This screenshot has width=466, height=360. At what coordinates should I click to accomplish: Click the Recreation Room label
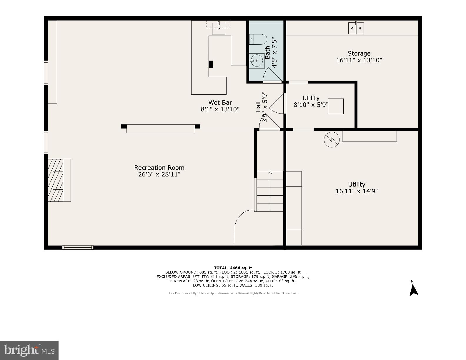pos(159,168)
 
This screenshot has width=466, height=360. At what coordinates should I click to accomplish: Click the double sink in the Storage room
pos(356,28)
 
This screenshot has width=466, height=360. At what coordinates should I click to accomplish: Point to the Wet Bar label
pos(220,103)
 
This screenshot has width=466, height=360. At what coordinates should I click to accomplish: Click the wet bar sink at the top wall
pos(219,28)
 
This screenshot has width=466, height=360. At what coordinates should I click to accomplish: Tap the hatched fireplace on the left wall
pos(56,180)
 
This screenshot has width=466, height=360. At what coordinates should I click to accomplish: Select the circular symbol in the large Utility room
pos(332,140)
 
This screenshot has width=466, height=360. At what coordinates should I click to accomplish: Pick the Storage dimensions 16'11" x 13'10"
pos(359,60)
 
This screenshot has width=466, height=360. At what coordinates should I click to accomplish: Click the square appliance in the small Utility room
pos(336,106)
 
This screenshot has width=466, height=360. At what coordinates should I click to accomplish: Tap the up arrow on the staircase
pos(270,174)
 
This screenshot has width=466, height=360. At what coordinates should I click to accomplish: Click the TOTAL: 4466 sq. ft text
pos(233,268)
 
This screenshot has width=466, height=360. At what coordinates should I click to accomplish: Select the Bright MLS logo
pos(29,350)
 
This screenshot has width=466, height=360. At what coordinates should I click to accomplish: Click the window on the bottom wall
pos(78,247)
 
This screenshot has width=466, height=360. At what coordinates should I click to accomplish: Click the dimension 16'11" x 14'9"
pos(357,191)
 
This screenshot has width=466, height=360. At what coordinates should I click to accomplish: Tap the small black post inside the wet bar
pos(211,64)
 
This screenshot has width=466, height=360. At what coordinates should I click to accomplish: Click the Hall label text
pos(258,107)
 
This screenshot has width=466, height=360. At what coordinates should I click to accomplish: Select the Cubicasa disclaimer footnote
pos(233,293)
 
